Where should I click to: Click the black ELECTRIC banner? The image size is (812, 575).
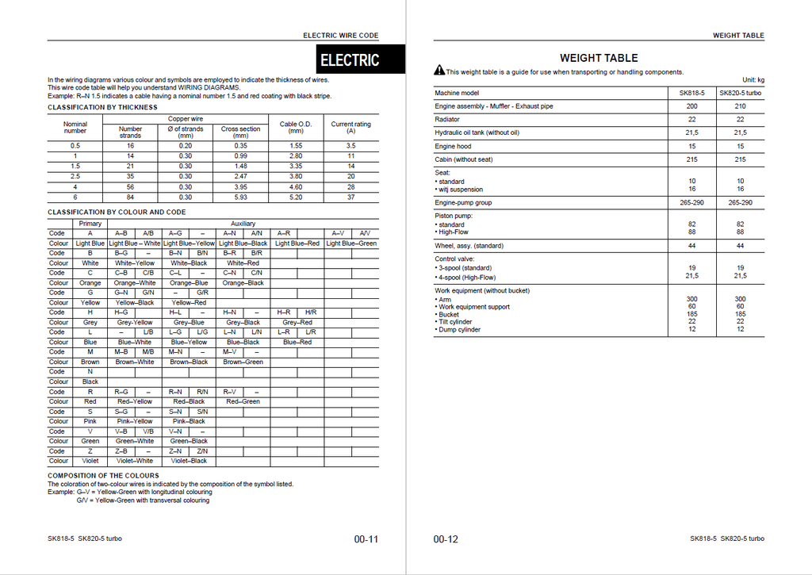(350, 59)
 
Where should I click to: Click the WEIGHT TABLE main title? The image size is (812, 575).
(599, 58)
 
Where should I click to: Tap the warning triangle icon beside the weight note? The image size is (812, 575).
(439, 71)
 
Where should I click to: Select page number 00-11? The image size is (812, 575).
(366, 539)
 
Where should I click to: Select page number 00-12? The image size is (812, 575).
(446, 539)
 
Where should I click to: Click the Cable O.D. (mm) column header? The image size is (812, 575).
(296, 127)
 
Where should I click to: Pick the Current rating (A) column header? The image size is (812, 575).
(350, 127)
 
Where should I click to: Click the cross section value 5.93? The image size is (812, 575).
(240, 197)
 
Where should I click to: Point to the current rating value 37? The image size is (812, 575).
(350, 197)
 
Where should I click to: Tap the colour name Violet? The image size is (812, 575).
(90, 461)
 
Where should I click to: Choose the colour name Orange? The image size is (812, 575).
(90, 283)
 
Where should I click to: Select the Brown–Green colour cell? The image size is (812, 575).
(243, 362)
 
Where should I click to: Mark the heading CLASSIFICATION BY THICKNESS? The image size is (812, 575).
(102, 107)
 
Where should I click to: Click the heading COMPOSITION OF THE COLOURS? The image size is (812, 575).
(103, 476)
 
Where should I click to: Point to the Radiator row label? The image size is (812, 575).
(447, 120)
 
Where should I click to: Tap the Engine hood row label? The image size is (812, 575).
(453, 147)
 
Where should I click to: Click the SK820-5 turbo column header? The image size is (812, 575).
(740, 94)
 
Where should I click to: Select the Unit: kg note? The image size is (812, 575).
(753, 80)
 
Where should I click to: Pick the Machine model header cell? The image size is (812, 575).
(457, 94)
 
